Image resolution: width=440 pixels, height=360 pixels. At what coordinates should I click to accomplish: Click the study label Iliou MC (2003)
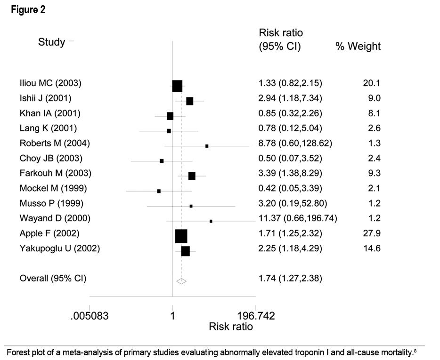[x=50, y=83]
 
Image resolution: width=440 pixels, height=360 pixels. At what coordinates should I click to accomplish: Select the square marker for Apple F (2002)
[x=181, y=236]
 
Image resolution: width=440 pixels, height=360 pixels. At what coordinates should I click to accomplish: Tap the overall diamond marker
[x=181, y=281]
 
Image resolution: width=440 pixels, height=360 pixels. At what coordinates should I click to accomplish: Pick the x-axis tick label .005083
[x=90, y=316]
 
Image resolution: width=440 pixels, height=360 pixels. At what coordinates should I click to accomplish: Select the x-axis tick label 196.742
[x=255, y=316]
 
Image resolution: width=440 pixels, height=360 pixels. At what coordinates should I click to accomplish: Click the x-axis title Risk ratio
[x=230, y=327]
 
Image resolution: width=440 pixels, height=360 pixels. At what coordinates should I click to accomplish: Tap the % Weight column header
[x=358, y=46]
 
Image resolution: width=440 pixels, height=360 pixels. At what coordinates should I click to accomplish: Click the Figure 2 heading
[x=29, y=10]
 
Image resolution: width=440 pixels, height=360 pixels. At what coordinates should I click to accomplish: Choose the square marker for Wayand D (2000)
[x=211, y=221]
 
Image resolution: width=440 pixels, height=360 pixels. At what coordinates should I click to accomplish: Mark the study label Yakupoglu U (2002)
[x=59, y=248]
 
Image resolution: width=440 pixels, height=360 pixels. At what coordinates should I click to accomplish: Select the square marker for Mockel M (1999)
[x=159, y=191]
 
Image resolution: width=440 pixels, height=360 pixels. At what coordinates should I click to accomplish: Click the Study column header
[x=51, y=42]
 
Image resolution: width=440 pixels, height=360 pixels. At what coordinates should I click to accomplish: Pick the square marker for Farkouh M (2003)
[x=192, y=176]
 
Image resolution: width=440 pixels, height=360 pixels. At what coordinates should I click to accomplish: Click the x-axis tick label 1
[x=172, y=316]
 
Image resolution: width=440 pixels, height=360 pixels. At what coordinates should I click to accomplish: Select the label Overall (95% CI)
[x=53, y=278]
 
